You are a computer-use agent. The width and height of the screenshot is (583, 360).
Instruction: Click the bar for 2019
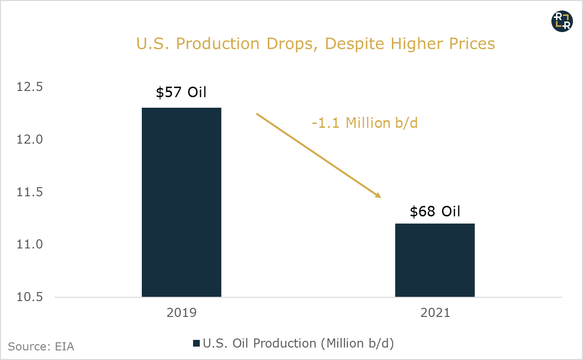(182, 202)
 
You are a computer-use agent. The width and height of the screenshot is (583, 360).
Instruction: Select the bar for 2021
(434, 260)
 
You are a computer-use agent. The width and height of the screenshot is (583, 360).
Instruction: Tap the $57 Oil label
(181, 92)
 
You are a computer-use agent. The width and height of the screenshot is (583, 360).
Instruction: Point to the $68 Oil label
(434, 211)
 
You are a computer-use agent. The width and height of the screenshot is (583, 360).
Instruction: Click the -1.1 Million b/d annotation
(365, 123)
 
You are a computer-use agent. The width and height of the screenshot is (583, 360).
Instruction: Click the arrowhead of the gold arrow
(378, 195)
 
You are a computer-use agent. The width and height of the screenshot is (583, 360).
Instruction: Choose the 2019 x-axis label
(182, 313)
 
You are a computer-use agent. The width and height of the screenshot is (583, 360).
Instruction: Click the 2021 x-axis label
(434, 313)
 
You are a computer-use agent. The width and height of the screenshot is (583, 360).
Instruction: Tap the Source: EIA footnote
(41, 346)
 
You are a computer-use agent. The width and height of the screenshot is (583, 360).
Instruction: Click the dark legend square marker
(196, 344)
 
